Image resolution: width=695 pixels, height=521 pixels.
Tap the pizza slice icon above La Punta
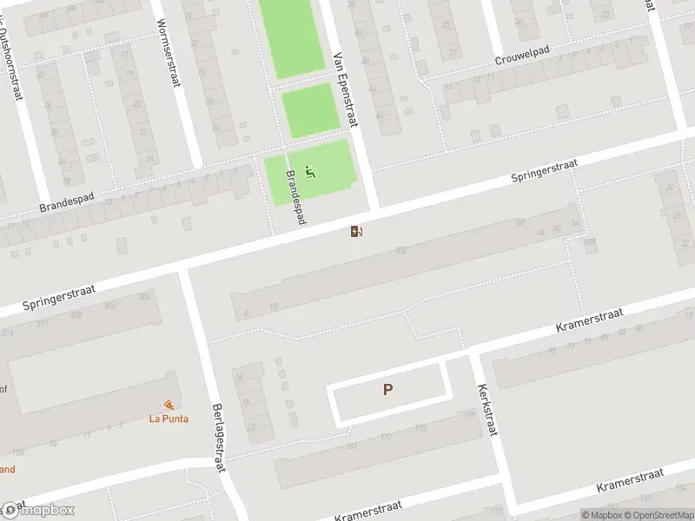pyautogui.click(x=169, y=405)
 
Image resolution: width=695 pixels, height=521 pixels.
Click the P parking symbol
pyautogui.click(x=387, y=390)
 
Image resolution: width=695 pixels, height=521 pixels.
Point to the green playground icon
pyautogui.click(x=310, y=172)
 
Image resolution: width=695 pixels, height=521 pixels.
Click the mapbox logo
pyautogui.click(x=38, y=510)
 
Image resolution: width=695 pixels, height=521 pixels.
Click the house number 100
pyautogui.click(x=400, y=251)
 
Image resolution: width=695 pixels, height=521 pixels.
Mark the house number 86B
pyautogui.click(x=589, y=242)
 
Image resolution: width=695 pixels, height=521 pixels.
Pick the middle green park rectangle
pyautogui.click(x=310, y=110)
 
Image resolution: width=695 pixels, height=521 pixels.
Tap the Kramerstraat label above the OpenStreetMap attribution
pyautogui.click(x=630, y=478)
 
